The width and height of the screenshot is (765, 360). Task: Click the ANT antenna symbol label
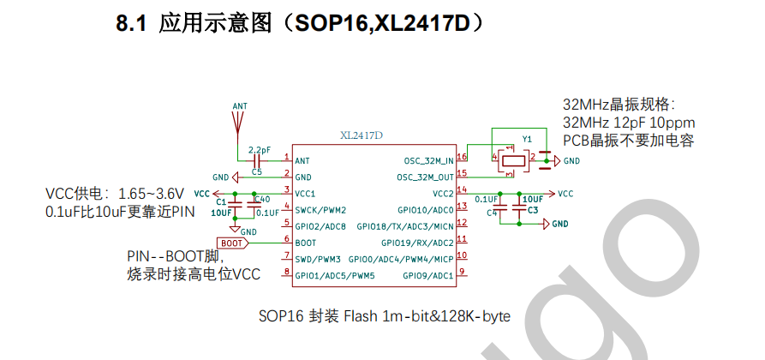pos(240,106)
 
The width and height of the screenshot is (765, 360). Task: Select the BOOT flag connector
pos(234,243)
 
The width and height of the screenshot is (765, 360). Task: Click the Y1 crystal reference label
pos(527,138)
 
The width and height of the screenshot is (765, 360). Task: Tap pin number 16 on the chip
pos(463,157)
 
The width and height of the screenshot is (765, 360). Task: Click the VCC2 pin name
pos(443,194)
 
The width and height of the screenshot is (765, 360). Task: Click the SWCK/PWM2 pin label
pos(320,210)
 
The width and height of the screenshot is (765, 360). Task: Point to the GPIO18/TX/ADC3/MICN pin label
pos(405,226)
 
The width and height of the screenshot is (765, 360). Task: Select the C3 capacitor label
pos(533,210)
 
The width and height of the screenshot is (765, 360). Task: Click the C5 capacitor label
pos(257,172)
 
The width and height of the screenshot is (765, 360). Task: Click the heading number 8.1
pos(133,24)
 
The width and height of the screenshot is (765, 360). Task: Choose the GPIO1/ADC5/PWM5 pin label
pos(335,275)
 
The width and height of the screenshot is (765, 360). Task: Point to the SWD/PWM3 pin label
pos(318,259)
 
